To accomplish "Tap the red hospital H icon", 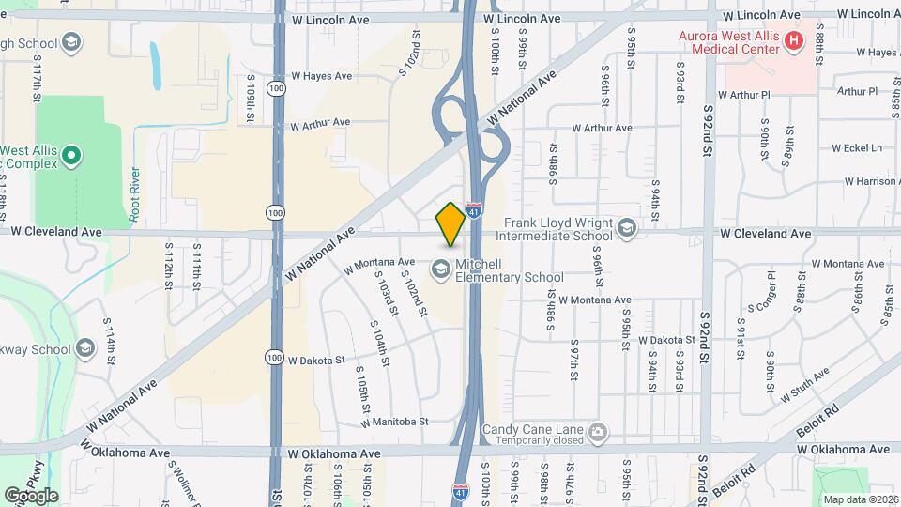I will (x=794, y=40).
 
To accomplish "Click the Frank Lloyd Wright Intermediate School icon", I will (x=627, y=227).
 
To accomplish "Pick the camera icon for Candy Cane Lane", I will (x=598, y=433).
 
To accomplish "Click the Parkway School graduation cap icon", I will (x=85, y=349).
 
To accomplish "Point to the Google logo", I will (x=31, y=495).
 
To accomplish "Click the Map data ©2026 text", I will (x=858, y=499).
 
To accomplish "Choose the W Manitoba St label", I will (x=394, y=422).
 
